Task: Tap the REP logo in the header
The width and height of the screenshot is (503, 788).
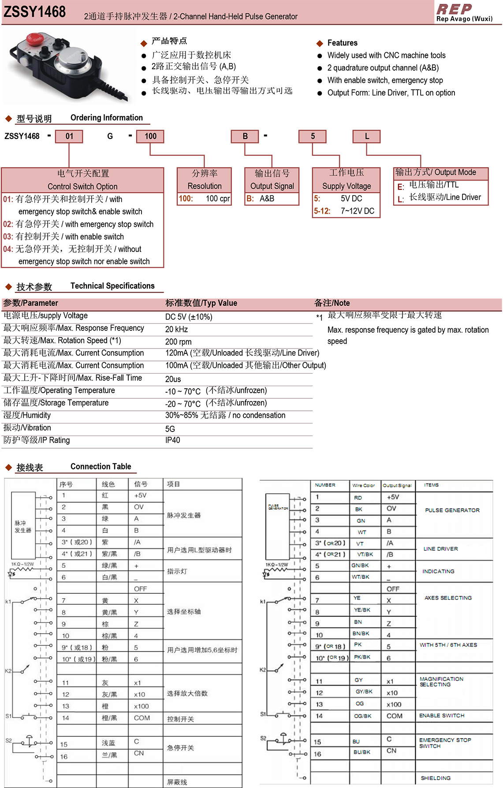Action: tap(454, 9)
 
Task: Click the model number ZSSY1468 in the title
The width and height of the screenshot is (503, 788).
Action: tap(34, 12)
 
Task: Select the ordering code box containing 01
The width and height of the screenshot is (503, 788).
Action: tap(69, 136)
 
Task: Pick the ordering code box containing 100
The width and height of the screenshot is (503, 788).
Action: tap(150, 136)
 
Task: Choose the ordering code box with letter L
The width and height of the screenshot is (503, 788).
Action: tap(367, 136)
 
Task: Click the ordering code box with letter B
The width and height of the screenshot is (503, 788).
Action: tap(245, 136)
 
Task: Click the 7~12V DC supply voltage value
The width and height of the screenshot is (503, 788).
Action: tap(357, 211)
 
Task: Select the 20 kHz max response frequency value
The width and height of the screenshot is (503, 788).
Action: tap(176, 329)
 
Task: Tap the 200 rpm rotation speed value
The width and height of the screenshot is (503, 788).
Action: tap(178, 341)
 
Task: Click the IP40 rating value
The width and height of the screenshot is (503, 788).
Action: tap(172, 440)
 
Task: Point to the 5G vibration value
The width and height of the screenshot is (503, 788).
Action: tap(170, 429)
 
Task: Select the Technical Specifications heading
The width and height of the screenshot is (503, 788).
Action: tap(112, 286)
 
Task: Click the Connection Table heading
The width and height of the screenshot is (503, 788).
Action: tap(101, 466)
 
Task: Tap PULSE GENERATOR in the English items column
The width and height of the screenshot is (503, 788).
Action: tap(452, 510)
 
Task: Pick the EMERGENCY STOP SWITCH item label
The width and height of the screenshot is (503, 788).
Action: tap(445, 743)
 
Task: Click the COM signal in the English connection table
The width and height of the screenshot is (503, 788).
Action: tap(394, 716)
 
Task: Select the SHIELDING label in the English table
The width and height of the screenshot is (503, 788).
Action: tap(436, 778)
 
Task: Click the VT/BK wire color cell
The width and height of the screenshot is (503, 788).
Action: tap(365, 554)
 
